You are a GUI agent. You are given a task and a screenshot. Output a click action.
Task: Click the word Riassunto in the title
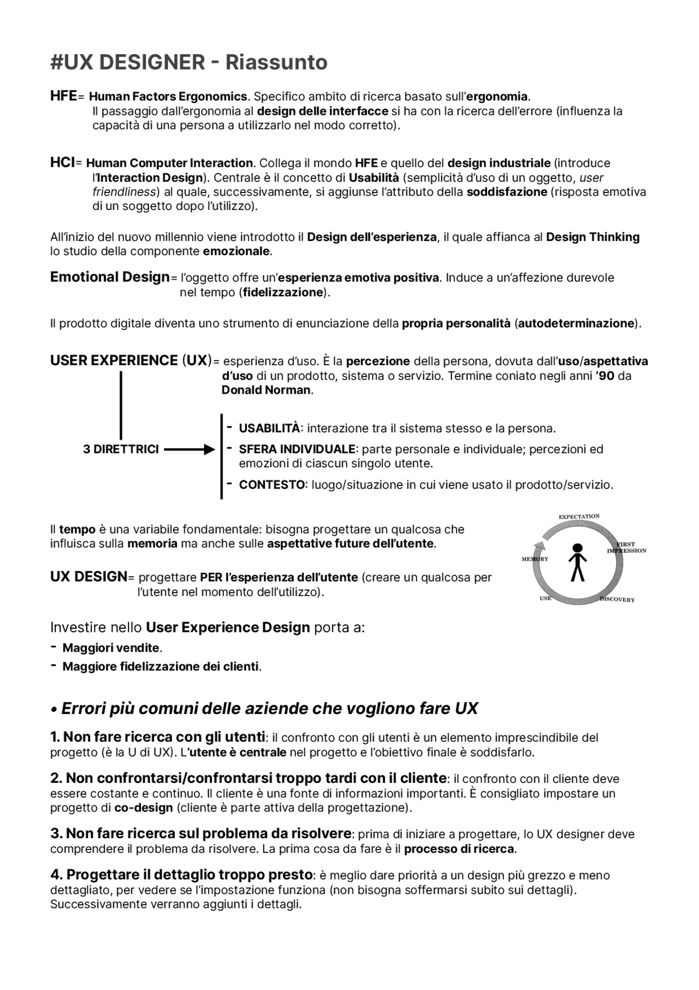pos(276,62)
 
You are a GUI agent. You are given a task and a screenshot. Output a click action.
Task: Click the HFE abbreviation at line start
pos(63,96)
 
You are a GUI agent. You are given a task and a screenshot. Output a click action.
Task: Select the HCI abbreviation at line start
pos(62,162)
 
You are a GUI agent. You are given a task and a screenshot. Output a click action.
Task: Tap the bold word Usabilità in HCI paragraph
pos(374,178)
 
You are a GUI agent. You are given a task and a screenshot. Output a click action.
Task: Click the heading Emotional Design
pos(110,277)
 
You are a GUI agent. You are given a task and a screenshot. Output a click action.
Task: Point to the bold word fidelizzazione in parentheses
pos(283,292)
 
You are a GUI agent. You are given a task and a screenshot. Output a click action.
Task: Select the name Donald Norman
pos(266,390)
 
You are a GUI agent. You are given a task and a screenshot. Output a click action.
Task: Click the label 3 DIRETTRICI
pos(121,449)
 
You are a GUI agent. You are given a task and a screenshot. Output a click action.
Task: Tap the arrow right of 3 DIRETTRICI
pos(189,450)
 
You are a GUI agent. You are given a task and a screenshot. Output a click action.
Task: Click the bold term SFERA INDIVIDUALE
pos(297,449)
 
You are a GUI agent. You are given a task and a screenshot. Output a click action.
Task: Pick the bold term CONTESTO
pos(271,485)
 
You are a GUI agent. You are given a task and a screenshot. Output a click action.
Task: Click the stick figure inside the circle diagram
pos(577,562)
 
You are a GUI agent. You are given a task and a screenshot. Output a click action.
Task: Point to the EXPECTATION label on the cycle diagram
pos(579,517)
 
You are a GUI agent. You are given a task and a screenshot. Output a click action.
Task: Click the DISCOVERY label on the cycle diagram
pos(617,600)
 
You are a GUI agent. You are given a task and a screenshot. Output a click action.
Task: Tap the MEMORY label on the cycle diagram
pos(535,559)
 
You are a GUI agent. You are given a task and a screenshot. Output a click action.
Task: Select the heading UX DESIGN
pos(88,577)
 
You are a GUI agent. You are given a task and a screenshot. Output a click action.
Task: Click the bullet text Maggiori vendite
pos(111,648)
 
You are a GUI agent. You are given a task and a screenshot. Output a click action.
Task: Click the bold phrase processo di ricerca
pos(459,849)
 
